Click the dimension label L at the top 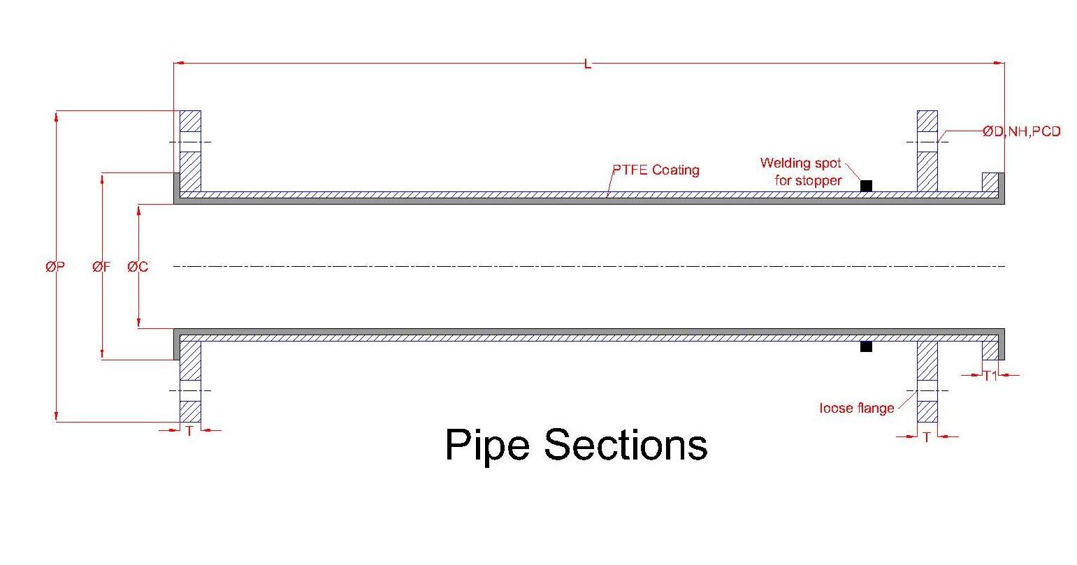coord(587,64)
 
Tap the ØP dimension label coord(55,266)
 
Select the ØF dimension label coord(101,266)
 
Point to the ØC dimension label coord(138,266)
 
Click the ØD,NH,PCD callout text coord(1021,131)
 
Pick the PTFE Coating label coord(656,170)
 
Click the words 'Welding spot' coord(800,163)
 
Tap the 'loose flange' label coord(856,408)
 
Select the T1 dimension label coord(990,376)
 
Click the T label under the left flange coord(189,431)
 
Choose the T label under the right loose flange coord(927,437)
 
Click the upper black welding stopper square coord(866,186)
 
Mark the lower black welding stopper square coord(866,346)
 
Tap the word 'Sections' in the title coord(626,445)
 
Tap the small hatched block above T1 coord(990,350)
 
